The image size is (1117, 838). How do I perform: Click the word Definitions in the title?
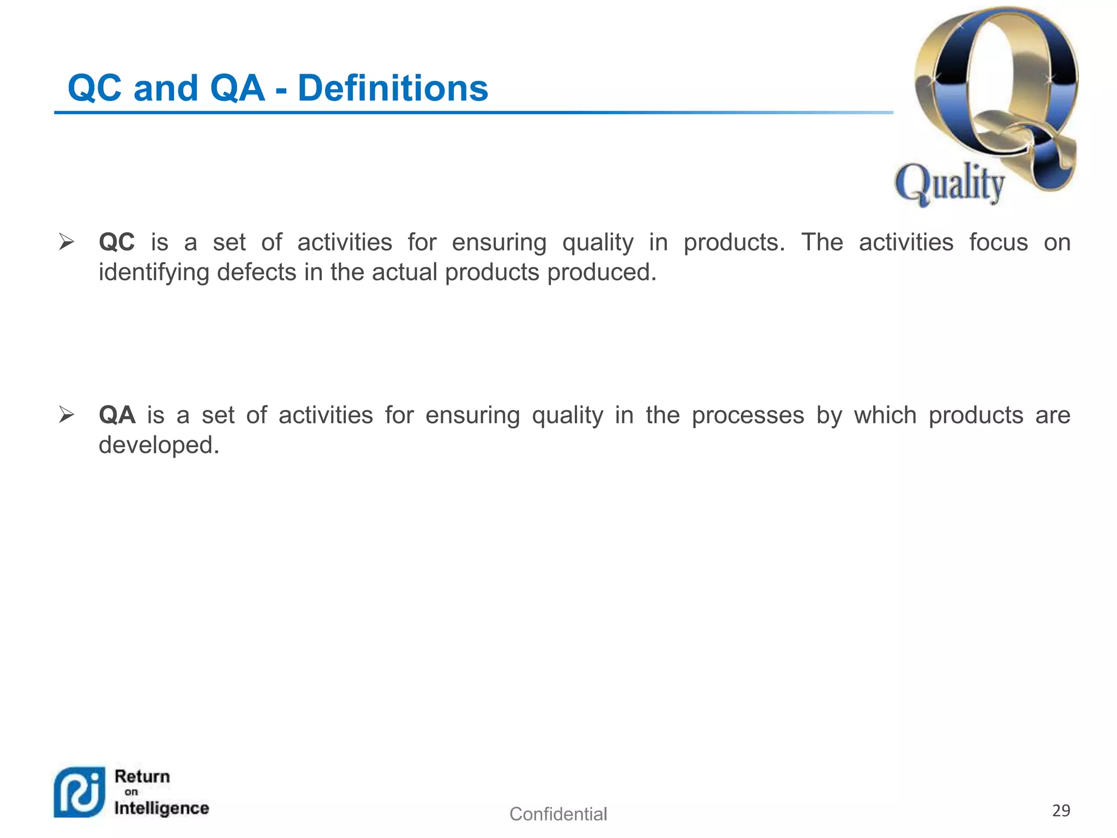[393, 88]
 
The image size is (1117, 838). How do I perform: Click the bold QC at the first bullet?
[117, 242]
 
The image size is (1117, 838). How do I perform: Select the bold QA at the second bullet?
[117, 415]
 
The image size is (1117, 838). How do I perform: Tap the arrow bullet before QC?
[67, 242]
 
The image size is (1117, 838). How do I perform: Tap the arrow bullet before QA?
[67, 415]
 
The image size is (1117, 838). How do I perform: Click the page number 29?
[1061, 811]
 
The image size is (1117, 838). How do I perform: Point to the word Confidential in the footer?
[558, 814]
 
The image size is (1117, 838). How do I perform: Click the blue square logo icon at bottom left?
[80, 792]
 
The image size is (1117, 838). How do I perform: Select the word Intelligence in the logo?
[161, 808]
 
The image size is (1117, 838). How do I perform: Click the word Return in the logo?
[142, 776]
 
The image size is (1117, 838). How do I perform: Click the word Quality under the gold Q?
[950, 183]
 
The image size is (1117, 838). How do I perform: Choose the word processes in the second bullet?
[748, 415]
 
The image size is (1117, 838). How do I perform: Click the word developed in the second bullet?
[159, 445]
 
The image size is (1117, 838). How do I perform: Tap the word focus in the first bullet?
[998, 242]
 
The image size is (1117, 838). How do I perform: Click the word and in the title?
[166, 88]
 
